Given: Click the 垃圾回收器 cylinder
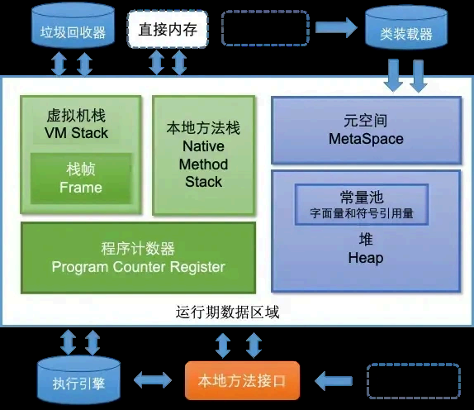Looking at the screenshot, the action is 73,27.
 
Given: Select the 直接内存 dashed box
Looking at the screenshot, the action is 168,29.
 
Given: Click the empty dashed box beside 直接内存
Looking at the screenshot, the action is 265,28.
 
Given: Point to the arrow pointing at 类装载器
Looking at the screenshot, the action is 336,27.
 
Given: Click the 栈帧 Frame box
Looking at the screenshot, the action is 81,179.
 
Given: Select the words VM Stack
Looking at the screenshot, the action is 76,133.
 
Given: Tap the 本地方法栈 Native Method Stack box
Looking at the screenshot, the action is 203,155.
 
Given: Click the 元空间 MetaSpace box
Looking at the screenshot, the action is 366,130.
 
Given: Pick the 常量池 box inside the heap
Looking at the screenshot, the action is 362,204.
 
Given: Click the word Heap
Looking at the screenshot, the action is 366,258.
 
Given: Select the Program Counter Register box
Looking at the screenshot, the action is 138,258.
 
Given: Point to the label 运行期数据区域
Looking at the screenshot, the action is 227,312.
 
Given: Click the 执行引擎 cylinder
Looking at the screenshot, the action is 79,380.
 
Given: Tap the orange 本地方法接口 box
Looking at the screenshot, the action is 242,380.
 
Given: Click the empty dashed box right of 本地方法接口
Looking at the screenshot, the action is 413,381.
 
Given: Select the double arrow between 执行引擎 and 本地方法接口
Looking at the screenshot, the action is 153,380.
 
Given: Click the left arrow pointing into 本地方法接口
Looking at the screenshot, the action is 334,380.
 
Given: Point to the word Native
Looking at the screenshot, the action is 203,146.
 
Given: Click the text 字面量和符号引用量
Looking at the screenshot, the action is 362,213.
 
